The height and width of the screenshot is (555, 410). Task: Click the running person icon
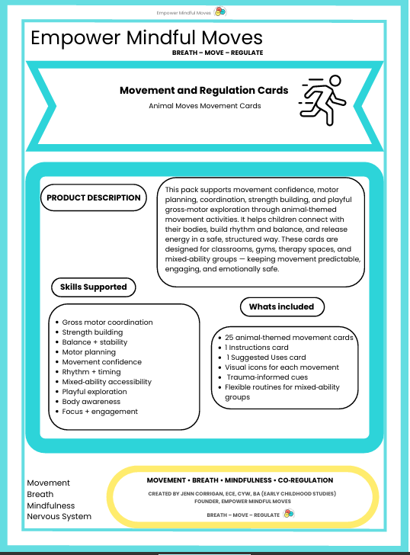[321, 98]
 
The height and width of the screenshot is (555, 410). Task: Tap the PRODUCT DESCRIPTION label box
[93, 197]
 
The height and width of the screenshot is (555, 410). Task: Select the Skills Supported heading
[93, 287]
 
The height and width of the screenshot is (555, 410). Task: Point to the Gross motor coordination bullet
[107, 322]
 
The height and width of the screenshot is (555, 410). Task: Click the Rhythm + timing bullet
[91, 372]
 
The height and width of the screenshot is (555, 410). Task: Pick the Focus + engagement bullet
[100, 412]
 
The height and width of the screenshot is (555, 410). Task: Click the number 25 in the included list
[229, 338]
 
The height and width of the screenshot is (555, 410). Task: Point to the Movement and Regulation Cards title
[203, 90]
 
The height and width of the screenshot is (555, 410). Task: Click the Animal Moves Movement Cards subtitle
[204, 106]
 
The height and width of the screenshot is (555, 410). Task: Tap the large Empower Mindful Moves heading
[146, 37]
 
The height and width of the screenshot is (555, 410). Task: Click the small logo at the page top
[220, 11]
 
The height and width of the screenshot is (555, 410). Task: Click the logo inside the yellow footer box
[288, 514]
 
